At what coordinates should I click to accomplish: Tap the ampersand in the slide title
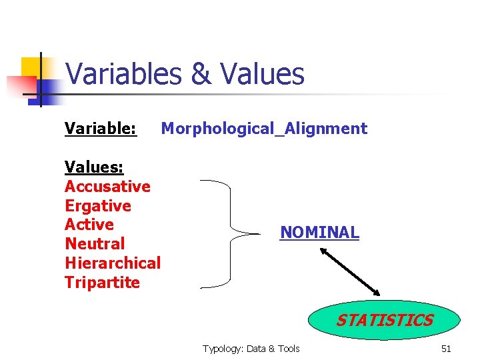click(x=201, y=75)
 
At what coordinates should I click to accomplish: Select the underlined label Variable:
click(x=101, y=128)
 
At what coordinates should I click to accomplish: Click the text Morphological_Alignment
click(x=264, y=129)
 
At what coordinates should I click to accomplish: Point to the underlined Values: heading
click(x=94, y=167)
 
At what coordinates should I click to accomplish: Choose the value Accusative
click(x=107, y=186)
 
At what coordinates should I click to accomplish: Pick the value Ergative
click(x=98, y=205)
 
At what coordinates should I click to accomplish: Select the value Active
click(x=89, y=225)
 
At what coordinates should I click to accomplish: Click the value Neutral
click(x=95, y=244)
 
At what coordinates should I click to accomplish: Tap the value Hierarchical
click(x=113, y=263)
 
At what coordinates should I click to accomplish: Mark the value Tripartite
click(x=102, y=282)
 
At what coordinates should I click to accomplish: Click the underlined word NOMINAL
click(x=319, y=233)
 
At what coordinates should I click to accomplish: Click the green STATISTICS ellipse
click(x=384, y=321)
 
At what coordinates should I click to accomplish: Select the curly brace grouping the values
click(x=230, y=234)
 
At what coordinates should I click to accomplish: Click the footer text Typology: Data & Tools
click(x=251, y=349)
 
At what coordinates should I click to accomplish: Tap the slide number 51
click(x=446, y=349)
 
